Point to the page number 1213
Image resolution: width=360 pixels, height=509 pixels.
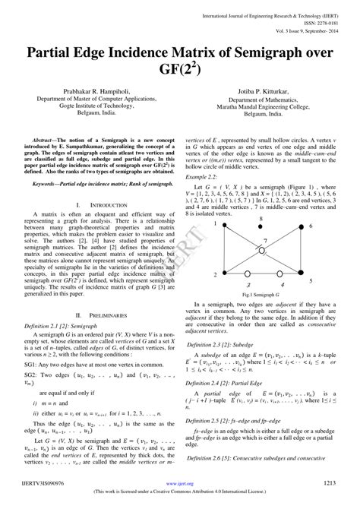(329, 482)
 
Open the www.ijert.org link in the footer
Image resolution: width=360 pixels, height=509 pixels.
(179, 482)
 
